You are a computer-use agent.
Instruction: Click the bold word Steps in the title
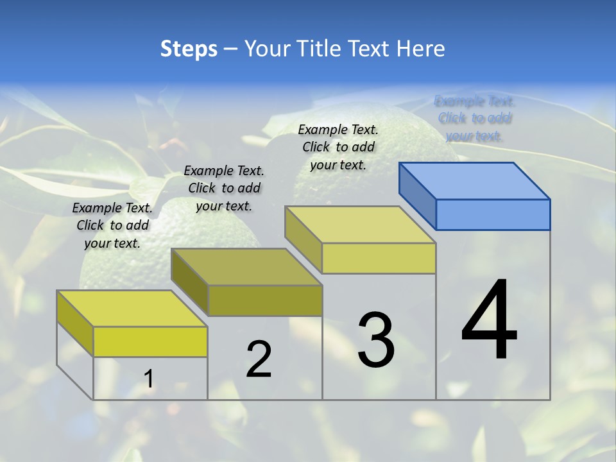coord(188,49)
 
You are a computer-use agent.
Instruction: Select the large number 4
coord(489,321)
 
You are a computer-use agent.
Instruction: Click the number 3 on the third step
coord(376,340)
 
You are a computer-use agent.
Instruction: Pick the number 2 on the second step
coord(259,359)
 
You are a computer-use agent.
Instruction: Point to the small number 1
coord(148,379)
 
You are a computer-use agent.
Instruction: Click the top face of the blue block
coord(475,180)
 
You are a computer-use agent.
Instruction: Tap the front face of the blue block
coord(493,214)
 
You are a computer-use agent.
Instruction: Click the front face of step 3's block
coord(379,259)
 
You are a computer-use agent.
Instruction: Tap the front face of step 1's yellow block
coord(150,341)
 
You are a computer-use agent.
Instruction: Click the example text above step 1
coord(112,225)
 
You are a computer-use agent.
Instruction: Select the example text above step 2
coord(224,188)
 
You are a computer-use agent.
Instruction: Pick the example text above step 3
coord(338,147)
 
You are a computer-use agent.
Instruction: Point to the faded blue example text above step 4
coord(474,118)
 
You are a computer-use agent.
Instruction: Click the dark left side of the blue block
coord(417,196)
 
